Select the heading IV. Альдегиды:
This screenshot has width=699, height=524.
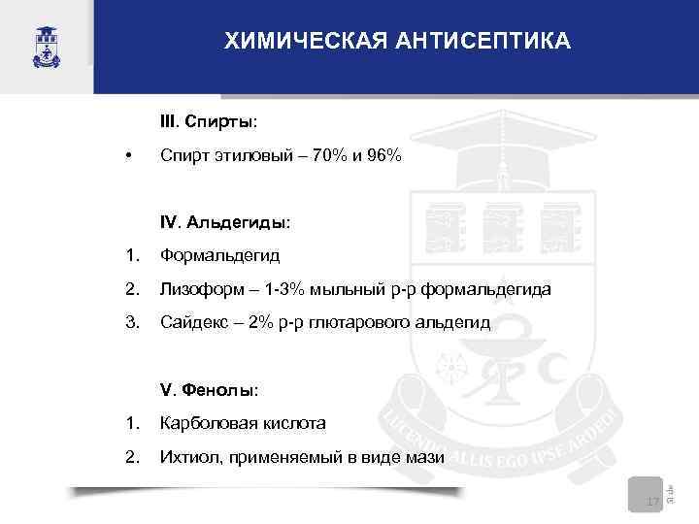225,223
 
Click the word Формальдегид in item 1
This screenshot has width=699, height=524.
220,256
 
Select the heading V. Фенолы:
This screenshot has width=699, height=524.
210,390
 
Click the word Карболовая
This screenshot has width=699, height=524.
207,424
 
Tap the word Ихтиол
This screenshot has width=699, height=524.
186,458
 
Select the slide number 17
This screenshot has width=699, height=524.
651,501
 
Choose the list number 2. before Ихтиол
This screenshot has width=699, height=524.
132,458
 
